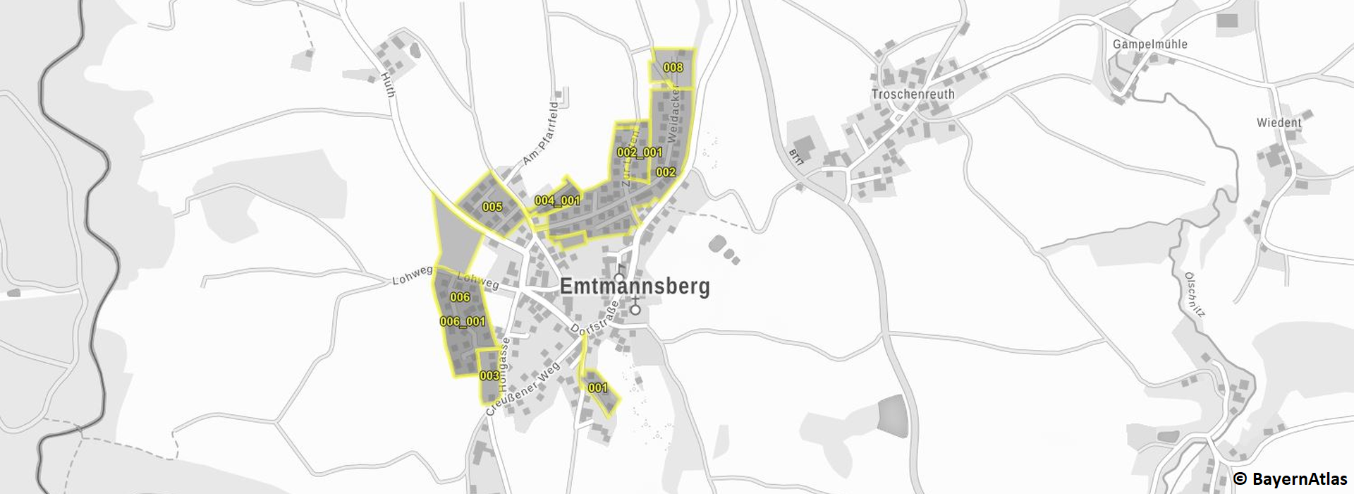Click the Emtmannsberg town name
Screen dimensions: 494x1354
[634, 287]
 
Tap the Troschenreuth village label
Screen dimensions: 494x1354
[913, 94]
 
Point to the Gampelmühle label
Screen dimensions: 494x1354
[1149, 44]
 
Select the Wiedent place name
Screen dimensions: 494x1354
[1279, 122]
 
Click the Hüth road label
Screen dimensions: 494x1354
[388, 84]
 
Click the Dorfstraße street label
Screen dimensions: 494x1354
[594, 319]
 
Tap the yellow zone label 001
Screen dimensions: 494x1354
[597, 387]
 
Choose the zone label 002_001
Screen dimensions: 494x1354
[639, 152]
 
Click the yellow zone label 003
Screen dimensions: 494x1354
[489, 375]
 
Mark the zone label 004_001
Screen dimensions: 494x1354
[557, 200]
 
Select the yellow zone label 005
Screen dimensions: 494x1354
[492, 207]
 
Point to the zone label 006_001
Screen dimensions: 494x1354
[463, 321]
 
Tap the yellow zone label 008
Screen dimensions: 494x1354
[673, 67]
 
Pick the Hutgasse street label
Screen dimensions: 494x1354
[504, 365]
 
